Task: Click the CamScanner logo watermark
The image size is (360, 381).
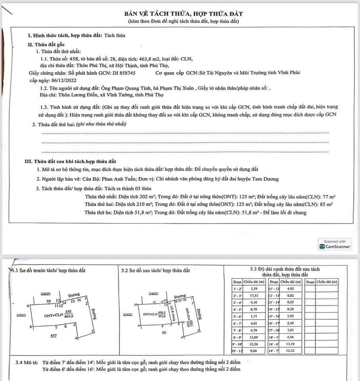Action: [335, 246]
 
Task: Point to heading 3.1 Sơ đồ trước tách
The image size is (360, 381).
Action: [50, 270]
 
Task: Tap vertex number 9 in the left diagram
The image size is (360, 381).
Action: [27, 306]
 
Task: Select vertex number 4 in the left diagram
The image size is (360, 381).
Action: [75, 338]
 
